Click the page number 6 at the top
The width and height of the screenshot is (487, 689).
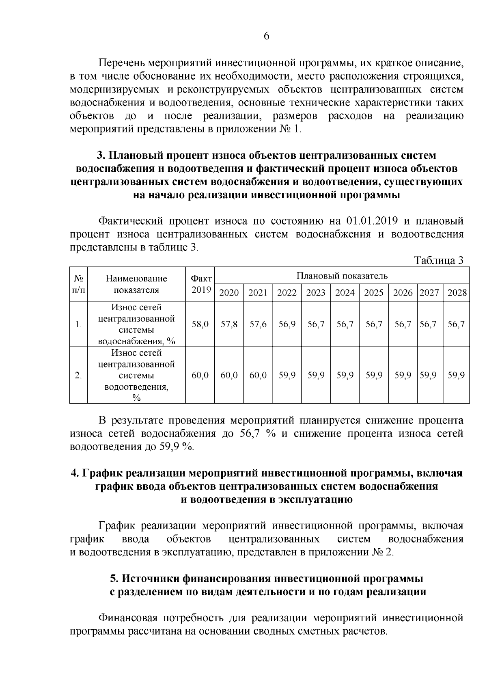pyautogui.click(x=266, y=36)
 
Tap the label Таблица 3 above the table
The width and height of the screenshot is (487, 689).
pyautogui.click(x=438, y=261)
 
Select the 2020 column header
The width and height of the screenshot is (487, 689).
pyautogui.click(x=229, y=293)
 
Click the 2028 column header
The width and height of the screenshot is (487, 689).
pyautogui.click(x=457, y=293)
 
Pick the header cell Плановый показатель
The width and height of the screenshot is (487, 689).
pyautogui.click(x=342, y=276)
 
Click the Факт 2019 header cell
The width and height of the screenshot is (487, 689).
pyautogui.click(x=200, y=284)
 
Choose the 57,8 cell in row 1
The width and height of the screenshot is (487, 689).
pyautogui.click(x=229, y=324)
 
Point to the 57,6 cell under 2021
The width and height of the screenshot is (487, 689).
pyautogui.click(x=258, y=324)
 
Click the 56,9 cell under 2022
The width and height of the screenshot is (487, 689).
pyautogui.click(x=287, y=324)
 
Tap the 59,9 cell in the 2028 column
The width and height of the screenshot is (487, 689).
pyautogui.click(x=456, y=375)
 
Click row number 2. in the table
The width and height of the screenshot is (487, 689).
pyautogui.click(x=78, y=375)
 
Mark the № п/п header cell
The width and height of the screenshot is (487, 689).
pyautogui.click(x=78, y=284)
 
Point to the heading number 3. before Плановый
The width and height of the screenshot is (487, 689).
pyautogui.click(x=101, y=156)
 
